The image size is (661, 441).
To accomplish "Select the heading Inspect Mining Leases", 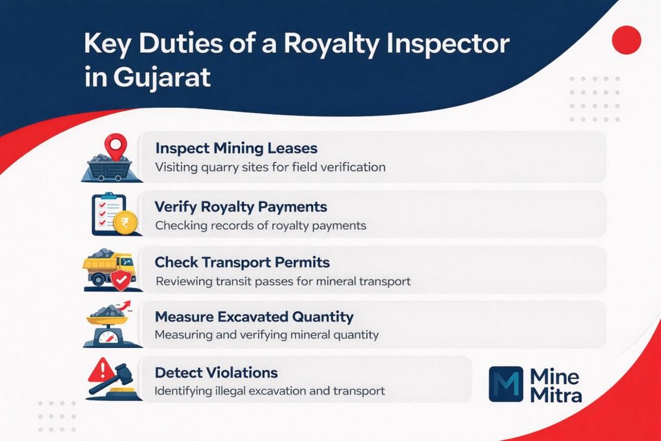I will (236, 147).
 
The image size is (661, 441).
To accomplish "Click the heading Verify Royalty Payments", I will (241, 207).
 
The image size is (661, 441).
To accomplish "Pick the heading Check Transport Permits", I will (242, 263).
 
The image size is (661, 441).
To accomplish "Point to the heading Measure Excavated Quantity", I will (254, 317).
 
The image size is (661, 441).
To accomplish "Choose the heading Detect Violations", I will (216, 373).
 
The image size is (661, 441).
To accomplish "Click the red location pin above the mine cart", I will (116, 145).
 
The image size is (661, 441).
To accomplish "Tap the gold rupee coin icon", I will (121, 223).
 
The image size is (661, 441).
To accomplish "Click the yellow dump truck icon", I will (107, 267).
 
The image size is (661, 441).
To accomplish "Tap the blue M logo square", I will (506, 385).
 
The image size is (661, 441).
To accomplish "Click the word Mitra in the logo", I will (555, 395).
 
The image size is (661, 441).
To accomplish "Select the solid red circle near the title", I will (625, 40).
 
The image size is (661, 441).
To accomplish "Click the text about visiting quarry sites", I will (270, 167).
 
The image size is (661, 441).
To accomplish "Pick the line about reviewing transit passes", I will (283, 282).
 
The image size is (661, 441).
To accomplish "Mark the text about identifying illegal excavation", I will (270, 391).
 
